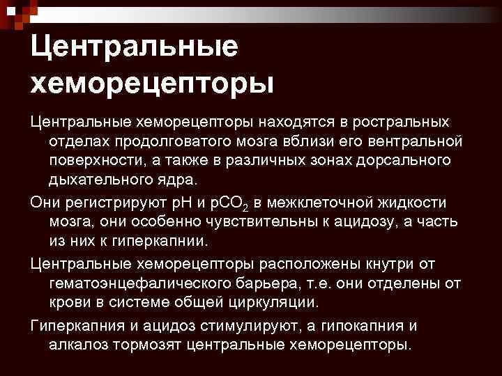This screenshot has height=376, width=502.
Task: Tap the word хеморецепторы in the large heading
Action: pos(152,84)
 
